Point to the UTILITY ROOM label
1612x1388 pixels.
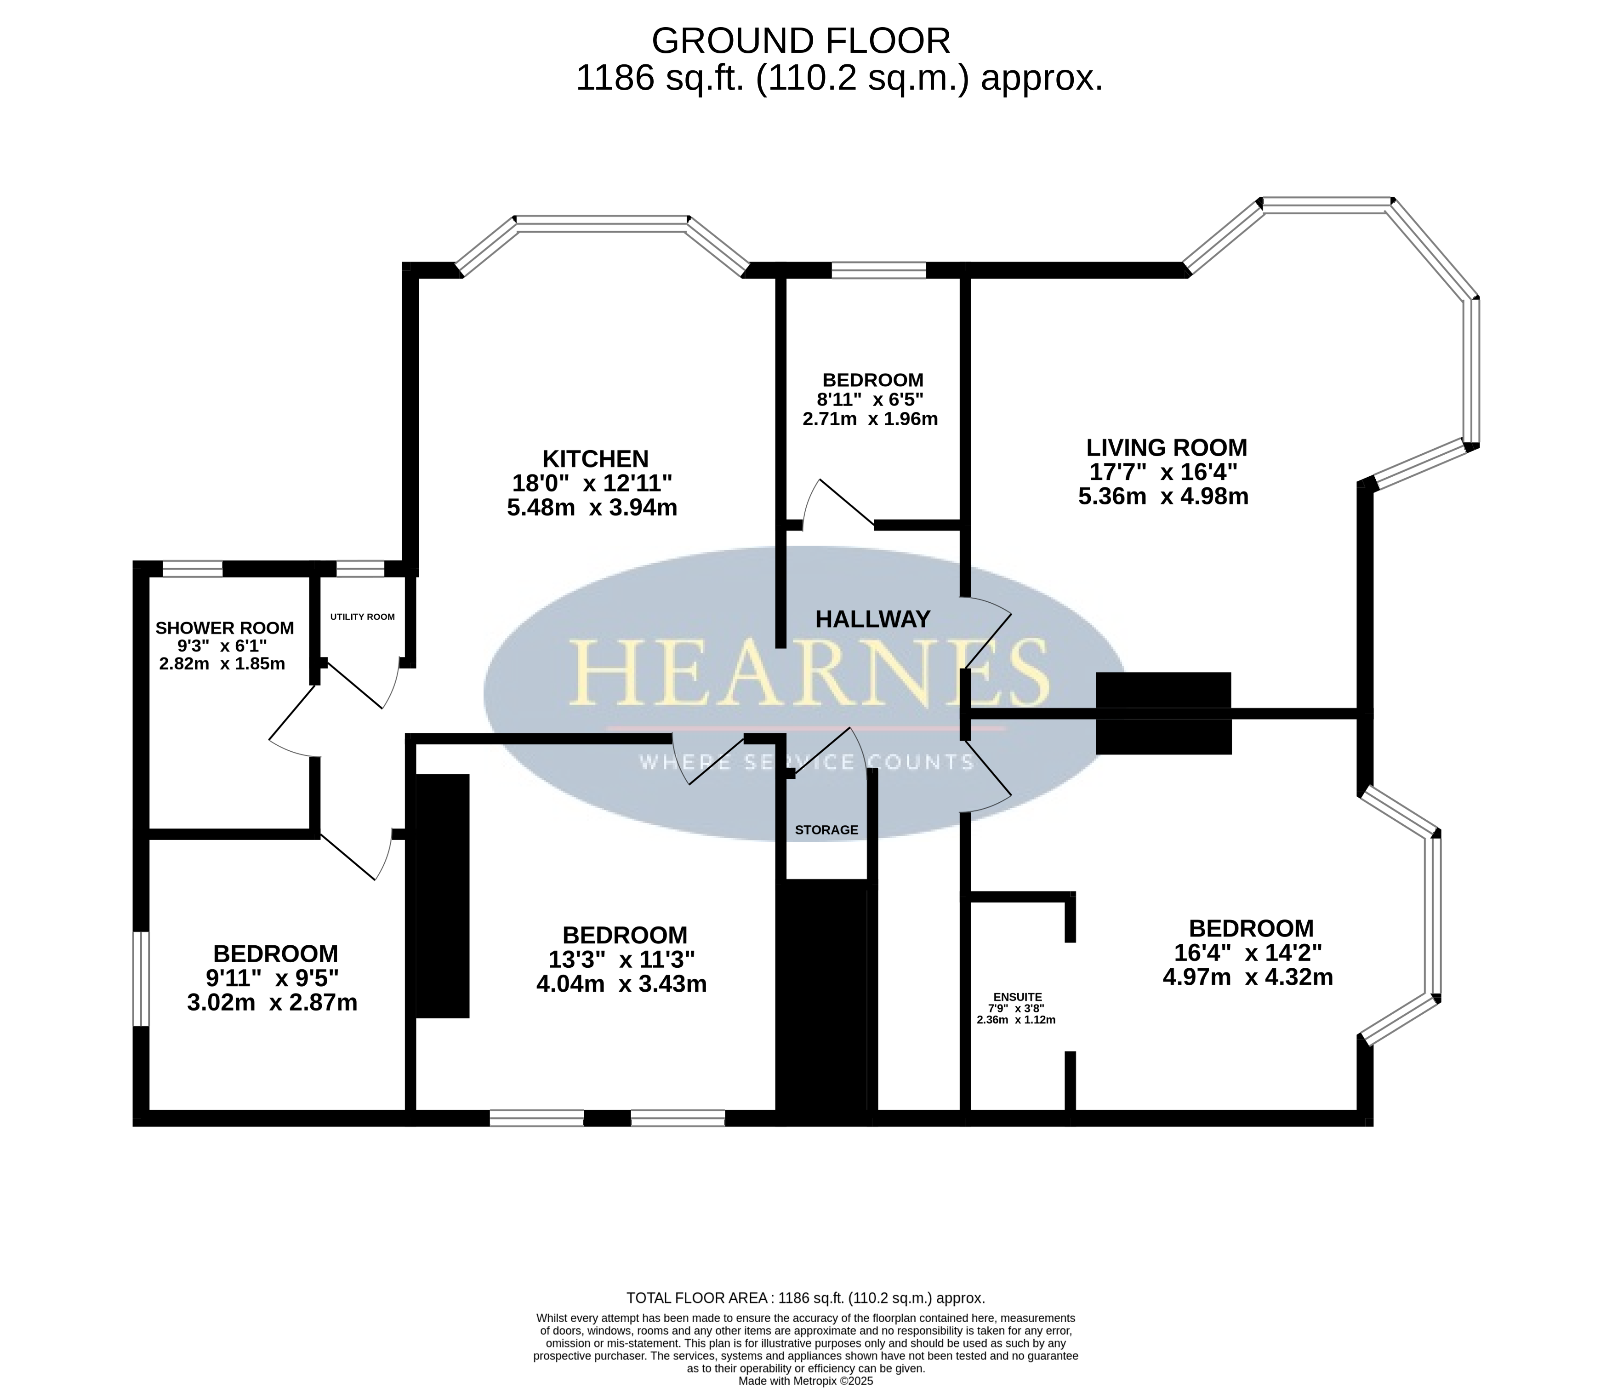click(363, 617)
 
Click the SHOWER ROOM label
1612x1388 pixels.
click(225, 628)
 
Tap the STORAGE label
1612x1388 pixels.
click(826, 830)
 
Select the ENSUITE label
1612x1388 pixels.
click(1018, 997)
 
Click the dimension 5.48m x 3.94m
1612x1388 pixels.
click(592, 508)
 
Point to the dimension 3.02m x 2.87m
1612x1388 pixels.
click(272, 1002)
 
